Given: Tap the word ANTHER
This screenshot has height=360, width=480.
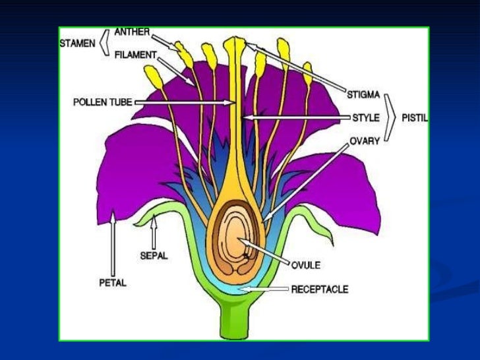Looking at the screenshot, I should pos(133,32).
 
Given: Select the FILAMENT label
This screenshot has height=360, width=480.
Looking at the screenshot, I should pos(135,56).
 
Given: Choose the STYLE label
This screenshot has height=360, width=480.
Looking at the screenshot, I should pos(365,118).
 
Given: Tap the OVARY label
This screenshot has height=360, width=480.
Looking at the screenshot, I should pos(364,140).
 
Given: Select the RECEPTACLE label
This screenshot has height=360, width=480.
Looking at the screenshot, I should pos(319,289).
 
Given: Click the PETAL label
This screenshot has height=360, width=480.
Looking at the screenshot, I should pos(112,282).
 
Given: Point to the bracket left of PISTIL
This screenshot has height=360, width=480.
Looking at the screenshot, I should pos(392,118).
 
